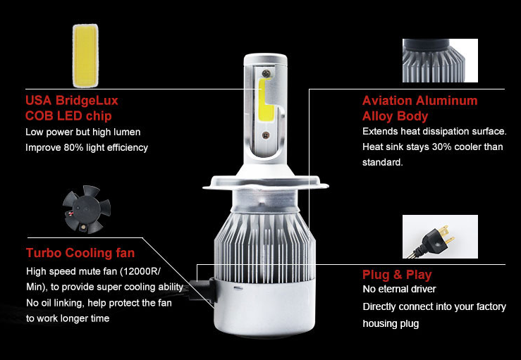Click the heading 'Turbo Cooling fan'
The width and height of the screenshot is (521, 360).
pyautogui.click(x=80, y=253)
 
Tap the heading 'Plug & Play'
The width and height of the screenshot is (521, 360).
pyautogui.click(x=397, y=275)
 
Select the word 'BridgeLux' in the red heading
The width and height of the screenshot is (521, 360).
pyautogui.click(x=87, y=100)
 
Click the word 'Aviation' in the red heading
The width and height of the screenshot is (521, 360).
pyautogui.click(x=387, y=100)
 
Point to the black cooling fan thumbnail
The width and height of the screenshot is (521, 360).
pyautogui.click(x=87, y=209)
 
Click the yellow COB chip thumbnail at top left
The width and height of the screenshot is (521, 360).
pyautogui.click(x=85, y=56)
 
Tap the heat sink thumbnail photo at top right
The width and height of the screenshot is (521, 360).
pyautogui.click(x=440, y=61)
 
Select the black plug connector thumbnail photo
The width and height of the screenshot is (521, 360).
pyautogui.click(x=440, y=237)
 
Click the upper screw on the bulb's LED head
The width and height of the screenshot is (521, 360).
pyautogui.click(x=266, y=73)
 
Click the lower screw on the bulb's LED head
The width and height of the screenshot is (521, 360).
pyautogui.click(x=266, y=135)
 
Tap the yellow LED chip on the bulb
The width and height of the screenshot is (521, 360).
pyautogui.click(x=266, y=99)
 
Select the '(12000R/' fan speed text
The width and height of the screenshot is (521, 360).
pyautogui.click(x=140, y=271)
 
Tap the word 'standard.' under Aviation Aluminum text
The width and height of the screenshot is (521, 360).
pyautogui.click(x=382, y=163)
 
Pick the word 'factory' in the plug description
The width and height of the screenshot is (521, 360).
pyautogui.click(x=491, y=307)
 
